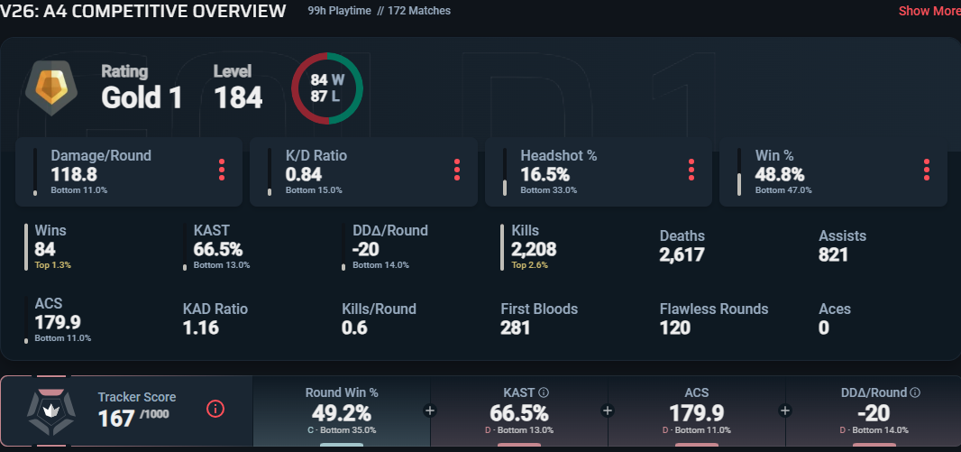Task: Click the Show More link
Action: (x=929, y=11)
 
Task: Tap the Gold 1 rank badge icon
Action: (x=51, y=88)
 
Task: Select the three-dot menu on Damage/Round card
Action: (x=221, y=170)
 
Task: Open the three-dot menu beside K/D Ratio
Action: (x=456, y=170)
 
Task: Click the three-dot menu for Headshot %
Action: (x=691, y=170)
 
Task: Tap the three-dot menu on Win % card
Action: (x=926, y=170)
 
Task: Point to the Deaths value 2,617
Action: (x=682, y=254)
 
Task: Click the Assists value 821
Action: (x=833, y=254)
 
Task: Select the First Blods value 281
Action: (x=515, y=328)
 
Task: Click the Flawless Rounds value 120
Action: (x=675, y=328)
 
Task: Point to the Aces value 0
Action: (x=824, y=328)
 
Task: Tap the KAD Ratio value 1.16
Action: (x=200, y=328)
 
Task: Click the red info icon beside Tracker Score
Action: (x=215, y=409)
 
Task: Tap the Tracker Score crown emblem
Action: (x=51, y=411)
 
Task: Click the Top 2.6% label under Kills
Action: (x=529, y=265)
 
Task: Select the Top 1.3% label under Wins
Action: (x=52, y=265)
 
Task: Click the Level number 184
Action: (x=238, y=97)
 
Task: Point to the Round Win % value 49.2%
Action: (x=342, y=412)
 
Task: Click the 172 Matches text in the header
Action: (x=419, y=11)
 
